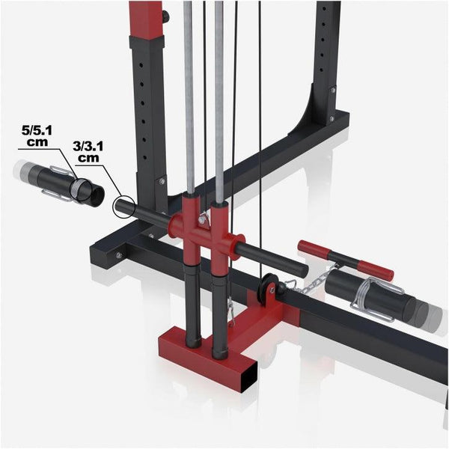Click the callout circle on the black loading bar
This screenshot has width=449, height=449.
click(123, 206)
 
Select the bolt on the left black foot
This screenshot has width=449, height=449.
click(118, 256)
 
